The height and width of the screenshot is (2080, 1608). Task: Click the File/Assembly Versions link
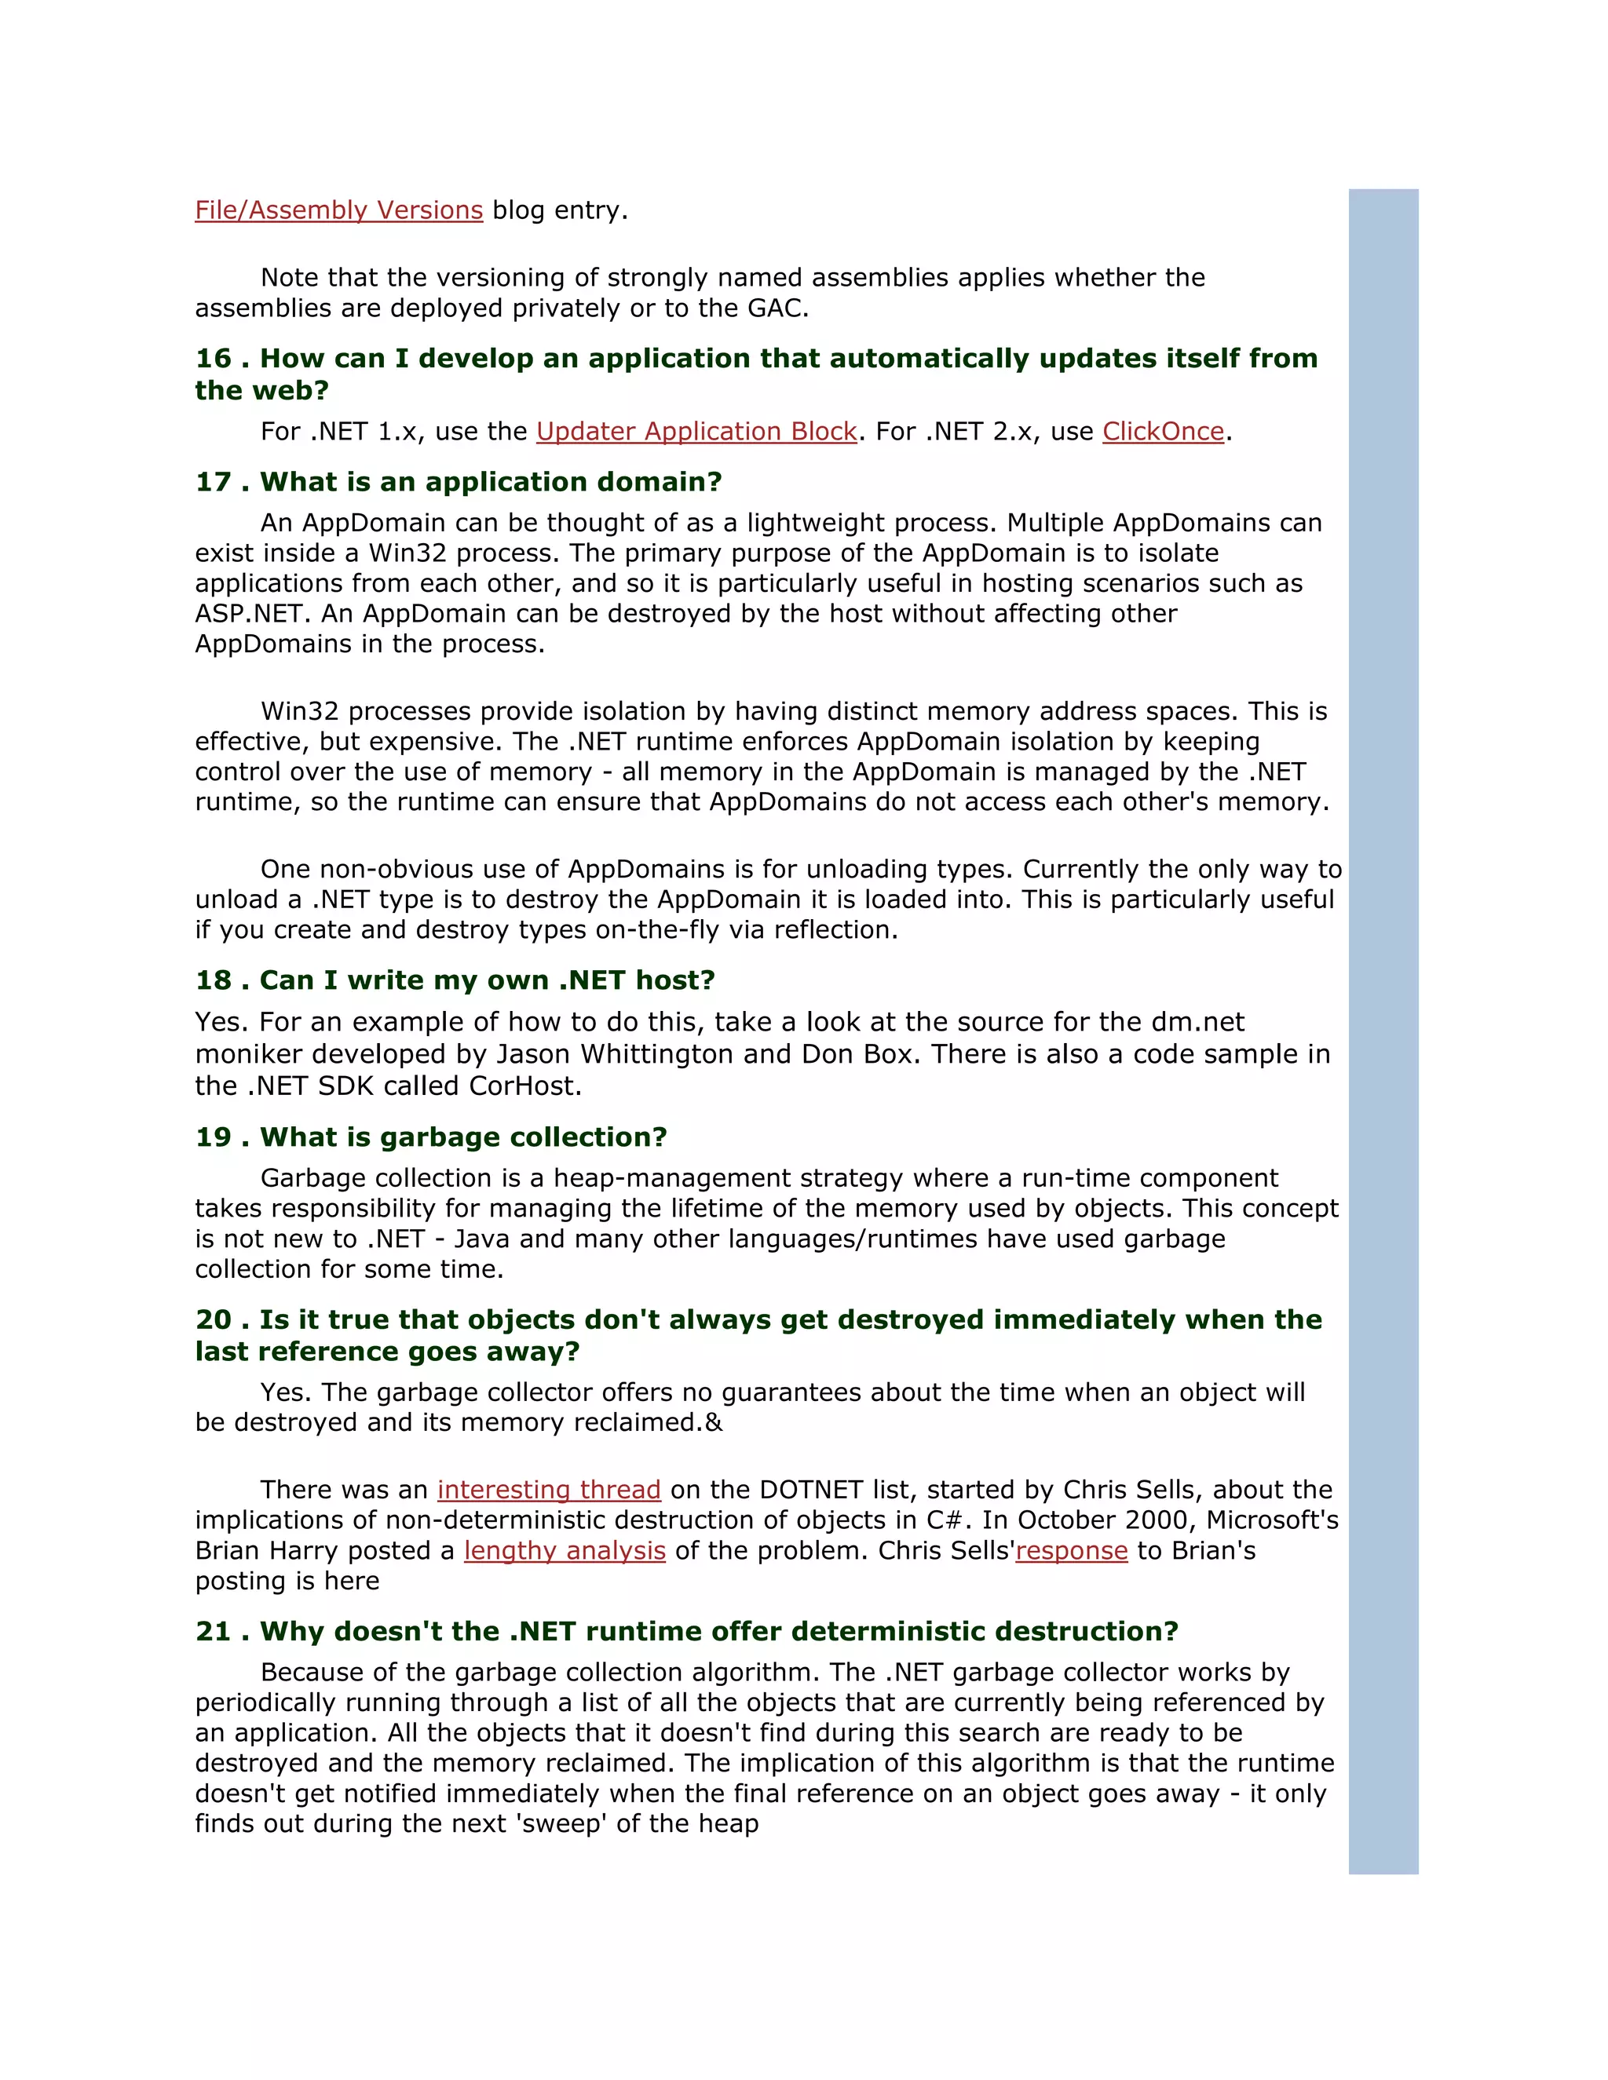coord(338,210)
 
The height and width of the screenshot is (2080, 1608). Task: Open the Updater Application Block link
coord(696,432)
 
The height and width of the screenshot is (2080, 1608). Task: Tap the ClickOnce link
coord(1163,432)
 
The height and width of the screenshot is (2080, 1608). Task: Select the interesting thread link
coord(549,1490)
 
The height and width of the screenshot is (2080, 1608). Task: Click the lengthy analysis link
coord(565,1550)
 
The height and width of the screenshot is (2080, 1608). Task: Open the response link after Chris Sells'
coord(1072,1550)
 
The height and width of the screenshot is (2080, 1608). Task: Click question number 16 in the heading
coord(214,358)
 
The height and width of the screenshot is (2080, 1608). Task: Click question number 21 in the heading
coord(214,1632)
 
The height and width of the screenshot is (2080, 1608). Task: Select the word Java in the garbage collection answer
coord(483,1239)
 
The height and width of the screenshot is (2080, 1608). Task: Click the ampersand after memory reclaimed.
coord(714,1423)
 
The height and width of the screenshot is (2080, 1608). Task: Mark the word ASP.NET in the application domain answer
coord(250,613)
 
